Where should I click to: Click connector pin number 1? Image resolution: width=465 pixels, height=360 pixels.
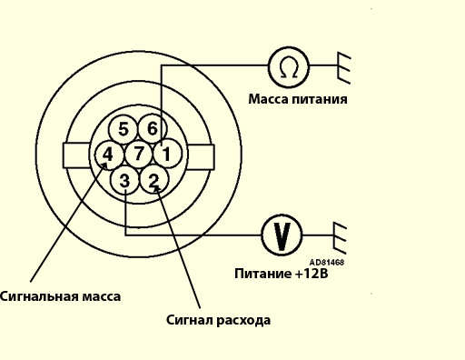coord(168,154)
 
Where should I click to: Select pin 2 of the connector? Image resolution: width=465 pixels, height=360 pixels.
coord(154,180)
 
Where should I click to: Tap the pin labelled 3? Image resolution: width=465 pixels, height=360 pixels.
coord(125,180)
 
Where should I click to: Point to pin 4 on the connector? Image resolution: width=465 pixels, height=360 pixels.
coord(109,155)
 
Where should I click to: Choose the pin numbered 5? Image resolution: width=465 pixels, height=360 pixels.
coord(124,129)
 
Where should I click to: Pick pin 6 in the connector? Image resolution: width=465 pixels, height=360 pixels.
coord(153,128)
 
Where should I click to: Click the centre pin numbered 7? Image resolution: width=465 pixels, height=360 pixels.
coord(139,154)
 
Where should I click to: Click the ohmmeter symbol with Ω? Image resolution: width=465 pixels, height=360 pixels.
coord(289,67)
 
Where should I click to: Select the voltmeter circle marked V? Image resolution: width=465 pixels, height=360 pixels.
coord(282,235)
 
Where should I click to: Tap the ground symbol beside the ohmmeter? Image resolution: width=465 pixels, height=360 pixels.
coord(344,68)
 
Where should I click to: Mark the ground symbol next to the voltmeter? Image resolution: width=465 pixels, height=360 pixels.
coord(340,238)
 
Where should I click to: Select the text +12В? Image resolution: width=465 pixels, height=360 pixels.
coord(312,274)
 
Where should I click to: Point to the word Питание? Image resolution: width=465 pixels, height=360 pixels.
coord(262,274)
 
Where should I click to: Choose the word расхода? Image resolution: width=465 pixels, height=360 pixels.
coord(243,320)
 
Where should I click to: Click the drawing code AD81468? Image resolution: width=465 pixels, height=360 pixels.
coord(327,262)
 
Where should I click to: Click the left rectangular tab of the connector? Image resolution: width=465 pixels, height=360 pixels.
coord(76,155)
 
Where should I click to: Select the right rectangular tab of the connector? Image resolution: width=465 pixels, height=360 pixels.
coord(201,157)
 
